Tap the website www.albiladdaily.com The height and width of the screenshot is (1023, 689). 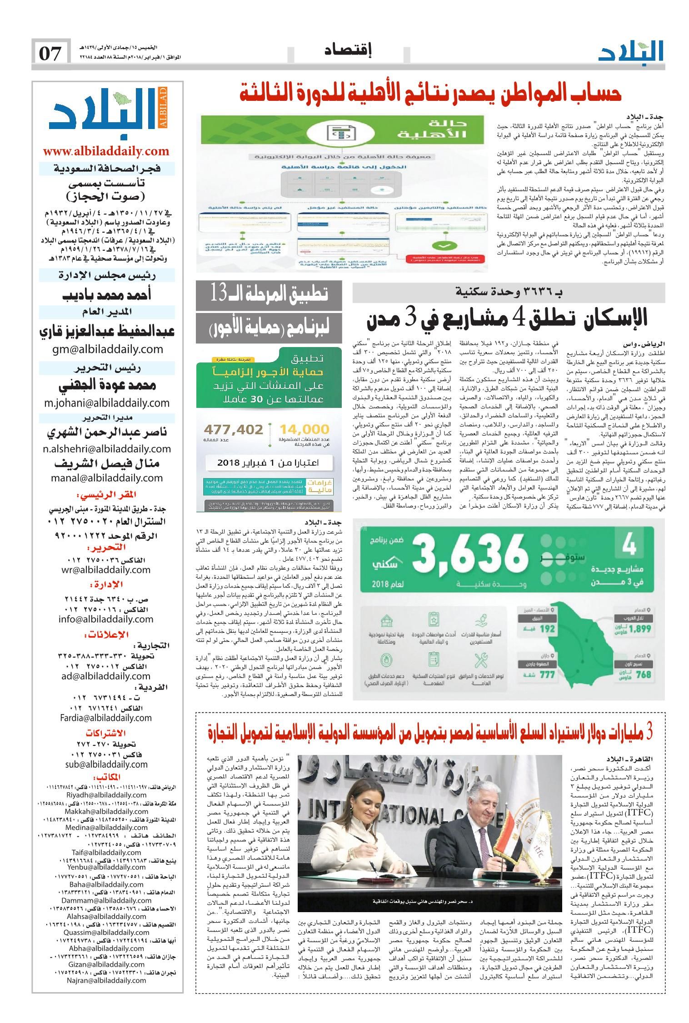tap(106, 151)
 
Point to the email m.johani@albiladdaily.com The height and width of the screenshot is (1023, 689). tap(107, 402)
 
